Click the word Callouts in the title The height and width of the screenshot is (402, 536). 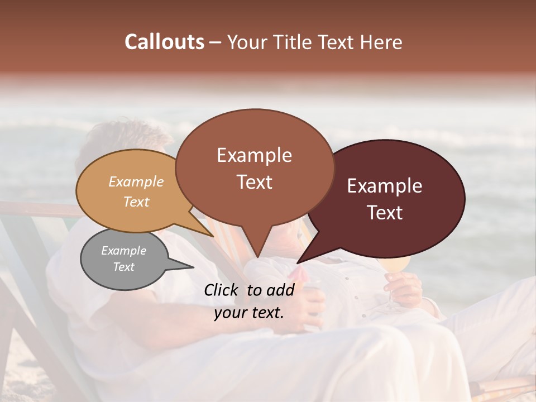(164, 42)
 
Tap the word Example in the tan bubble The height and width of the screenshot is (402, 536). (136, 181)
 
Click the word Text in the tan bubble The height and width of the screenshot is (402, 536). (136, 202)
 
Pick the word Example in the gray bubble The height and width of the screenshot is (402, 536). (123, 251)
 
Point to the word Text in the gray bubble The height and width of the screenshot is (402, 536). (123, 267)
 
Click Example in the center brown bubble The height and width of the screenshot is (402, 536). (254, 155)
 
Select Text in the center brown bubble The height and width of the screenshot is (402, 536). (254, 182)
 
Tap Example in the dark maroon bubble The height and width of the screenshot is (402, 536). (385, 186)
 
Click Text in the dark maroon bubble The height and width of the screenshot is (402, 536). (385, 213)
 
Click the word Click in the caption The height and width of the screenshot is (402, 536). (222, 290)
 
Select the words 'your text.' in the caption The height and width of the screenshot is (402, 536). (249, 313)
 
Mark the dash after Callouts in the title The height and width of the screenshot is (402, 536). (216, 42)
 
